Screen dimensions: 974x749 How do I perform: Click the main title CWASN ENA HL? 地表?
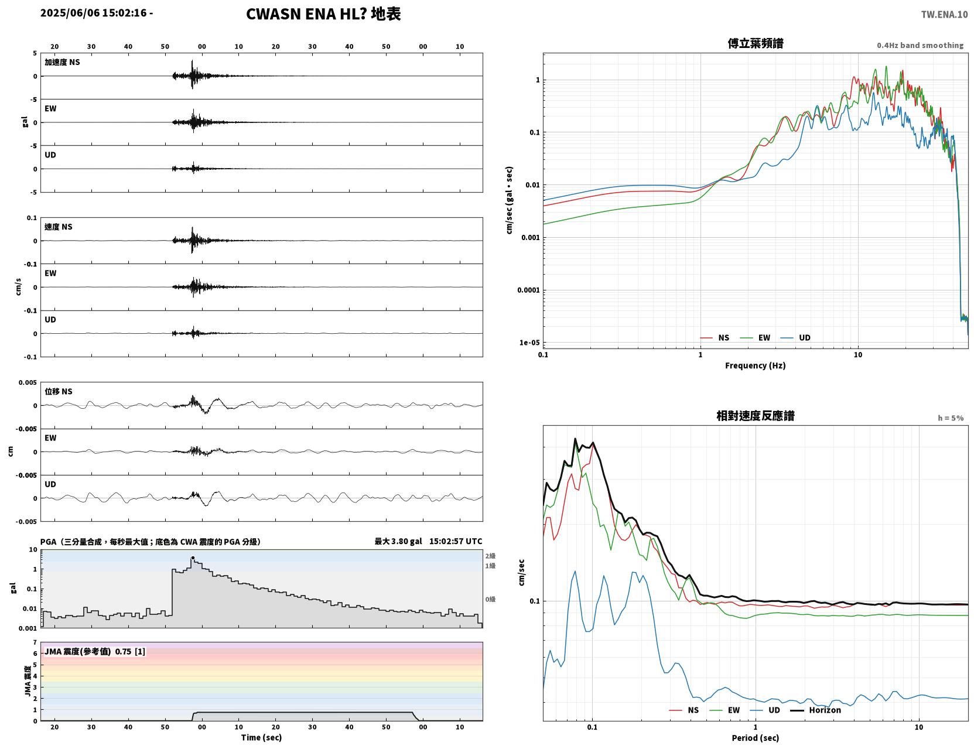pos(323,14)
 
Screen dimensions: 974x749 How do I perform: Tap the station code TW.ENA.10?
pos(944,14)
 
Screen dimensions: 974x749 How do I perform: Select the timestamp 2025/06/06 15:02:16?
pos(93,12)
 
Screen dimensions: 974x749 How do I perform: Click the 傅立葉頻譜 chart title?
pos(755,43)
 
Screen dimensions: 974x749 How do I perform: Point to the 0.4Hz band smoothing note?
pos(920,45)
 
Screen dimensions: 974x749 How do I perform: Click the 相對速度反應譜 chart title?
pos(755,416)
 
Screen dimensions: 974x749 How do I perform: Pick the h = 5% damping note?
pos(950,418)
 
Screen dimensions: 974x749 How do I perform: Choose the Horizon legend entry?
pos(815,710)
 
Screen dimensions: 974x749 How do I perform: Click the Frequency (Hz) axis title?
pos(755,365)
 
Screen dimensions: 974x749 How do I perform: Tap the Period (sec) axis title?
pos(755,738)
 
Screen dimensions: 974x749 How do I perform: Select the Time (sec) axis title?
pos(261,737)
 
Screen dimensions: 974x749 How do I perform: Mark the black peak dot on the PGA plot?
pos(193,558)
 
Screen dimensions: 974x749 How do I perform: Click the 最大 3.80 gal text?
pos(398,541)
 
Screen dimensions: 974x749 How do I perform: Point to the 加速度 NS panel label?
pos(62,62)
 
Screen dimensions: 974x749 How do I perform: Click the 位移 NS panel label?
pos(58,392)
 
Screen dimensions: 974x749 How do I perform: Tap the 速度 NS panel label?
pos(58,227)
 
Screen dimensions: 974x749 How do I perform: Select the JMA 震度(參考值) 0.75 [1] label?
pos(94,651)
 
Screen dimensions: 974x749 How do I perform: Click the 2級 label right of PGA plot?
pos(490,556)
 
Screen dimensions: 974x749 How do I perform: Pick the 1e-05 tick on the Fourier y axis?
pos(529,343)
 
